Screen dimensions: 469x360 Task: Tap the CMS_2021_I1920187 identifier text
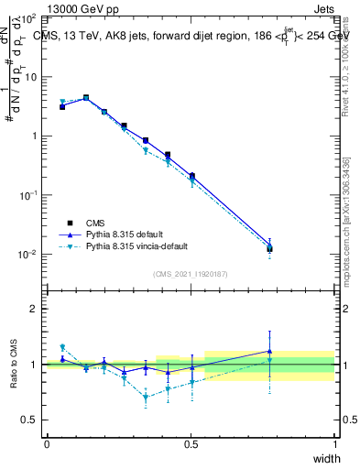191,274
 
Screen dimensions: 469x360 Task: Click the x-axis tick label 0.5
191,444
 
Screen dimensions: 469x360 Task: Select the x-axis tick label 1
334,444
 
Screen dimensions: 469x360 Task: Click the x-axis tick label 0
47,444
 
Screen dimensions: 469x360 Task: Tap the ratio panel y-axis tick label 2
33,309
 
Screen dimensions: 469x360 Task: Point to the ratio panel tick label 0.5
29,420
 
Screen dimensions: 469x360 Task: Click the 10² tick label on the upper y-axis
29,18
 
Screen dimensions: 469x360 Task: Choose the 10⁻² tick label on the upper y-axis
29,255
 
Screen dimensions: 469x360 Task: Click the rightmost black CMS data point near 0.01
269,248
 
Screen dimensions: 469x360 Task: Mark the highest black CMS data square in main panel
86,97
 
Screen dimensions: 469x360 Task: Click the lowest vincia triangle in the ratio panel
145,398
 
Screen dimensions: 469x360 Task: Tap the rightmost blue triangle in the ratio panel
269,351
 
